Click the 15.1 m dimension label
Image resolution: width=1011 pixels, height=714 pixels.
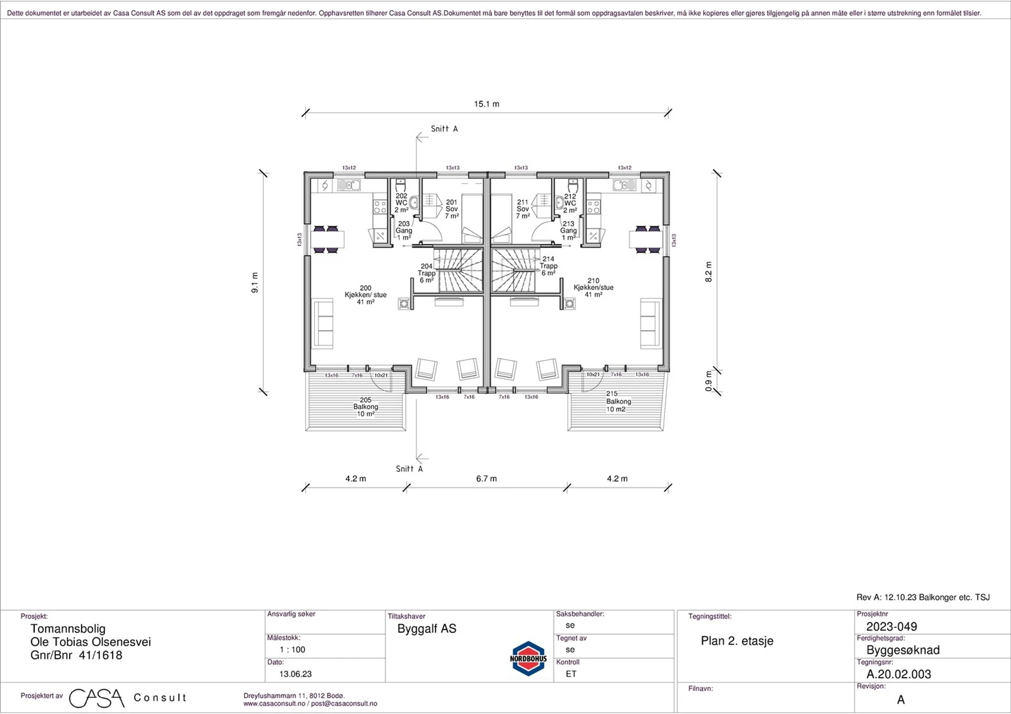487,104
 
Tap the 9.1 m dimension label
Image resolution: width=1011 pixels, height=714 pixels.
255,283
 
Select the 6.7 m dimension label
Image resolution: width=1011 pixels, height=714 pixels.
486,479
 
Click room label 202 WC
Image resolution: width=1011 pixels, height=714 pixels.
401,203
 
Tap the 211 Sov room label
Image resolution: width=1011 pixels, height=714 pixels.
523,209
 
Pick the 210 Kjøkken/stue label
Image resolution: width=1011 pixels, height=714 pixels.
593,287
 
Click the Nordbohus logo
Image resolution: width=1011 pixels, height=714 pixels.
528,658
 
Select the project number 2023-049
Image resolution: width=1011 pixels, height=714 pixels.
892,626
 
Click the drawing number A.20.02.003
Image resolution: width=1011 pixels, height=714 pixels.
899,674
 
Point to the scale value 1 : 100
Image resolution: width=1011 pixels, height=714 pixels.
293,649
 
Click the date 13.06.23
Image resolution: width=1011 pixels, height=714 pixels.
295,673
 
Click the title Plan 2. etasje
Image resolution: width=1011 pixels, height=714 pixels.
737,641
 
